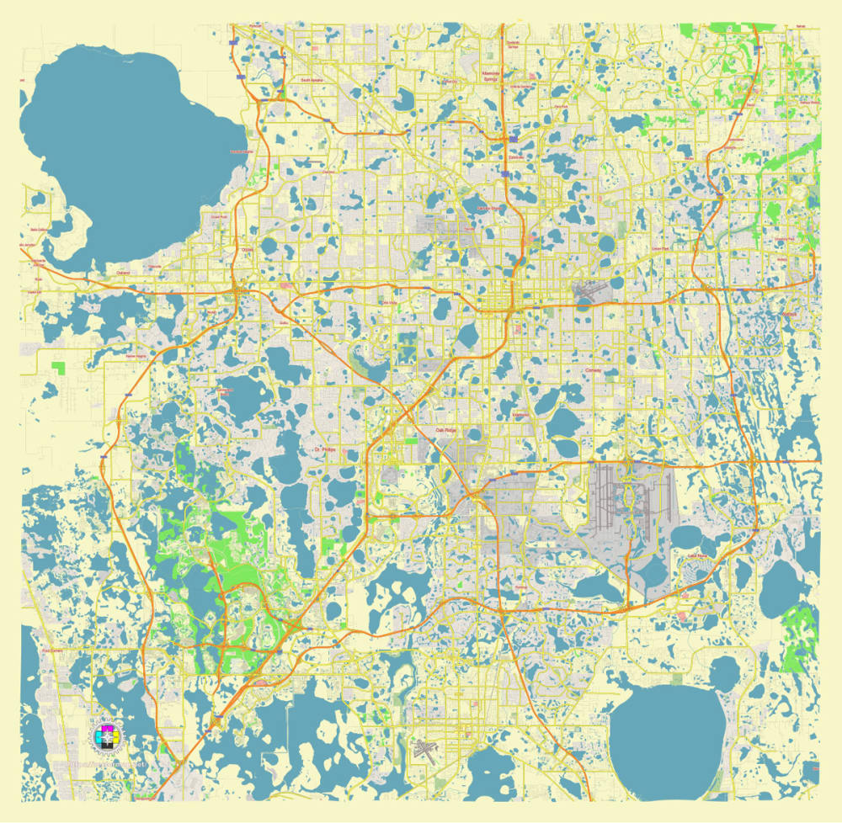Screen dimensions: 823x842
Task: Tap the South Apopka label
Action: (312, 80)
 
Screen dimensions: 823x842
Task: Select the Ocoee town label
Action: (247, 250)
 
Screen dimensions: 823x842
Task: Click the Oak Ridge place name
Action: (445, 430)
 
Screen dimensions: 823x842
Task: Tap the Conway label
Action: (594, 369)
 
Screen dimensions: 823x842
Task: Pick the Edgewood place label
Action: (520, 414)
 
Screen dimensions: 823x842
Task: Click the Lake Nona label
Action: (698, 556)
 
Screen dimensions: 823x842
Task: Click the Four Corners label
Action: (52, 650)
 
